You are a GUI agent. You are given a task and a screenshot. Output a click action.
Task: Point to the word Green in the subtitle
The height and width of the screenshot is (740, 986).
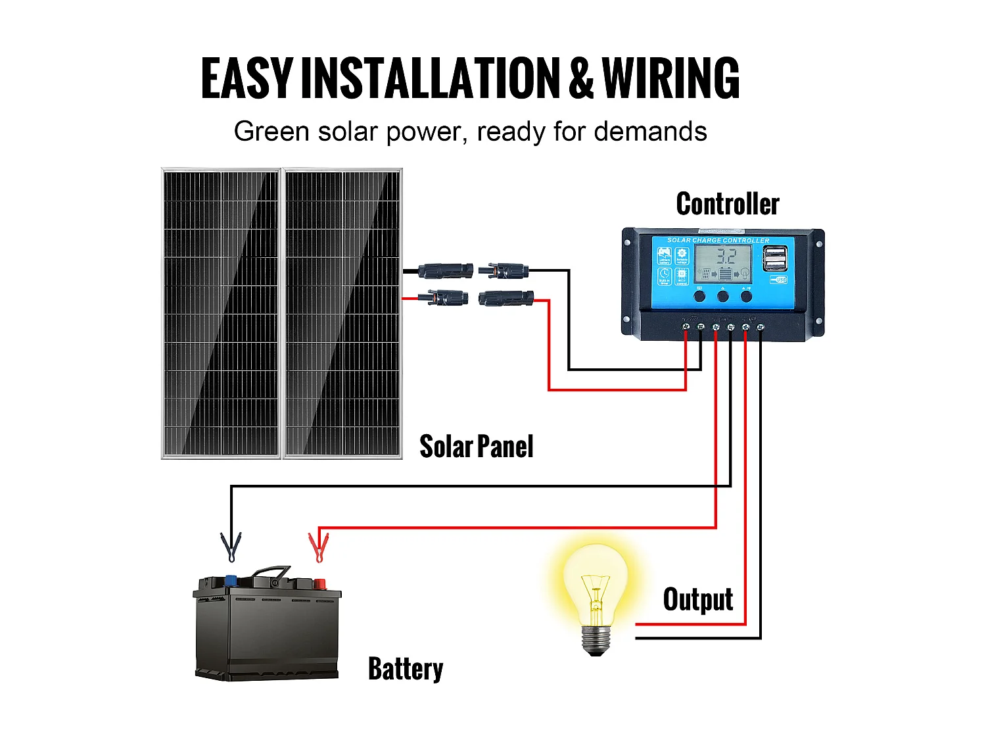point(271,132)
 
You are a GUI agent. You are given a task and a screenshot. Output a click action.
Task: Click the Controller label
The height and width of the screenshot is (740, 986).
point(728,204)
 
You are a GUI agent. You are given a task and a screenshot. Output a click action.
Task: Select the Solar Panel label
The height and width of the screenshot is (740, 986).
point(476,447)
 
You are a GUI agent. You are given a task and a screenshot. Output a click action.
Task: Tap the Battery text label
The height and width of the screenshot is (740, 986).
point(405,669)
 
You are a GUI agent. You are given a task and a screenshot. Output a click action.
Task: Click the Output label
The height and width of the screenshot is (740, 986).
point(697,599)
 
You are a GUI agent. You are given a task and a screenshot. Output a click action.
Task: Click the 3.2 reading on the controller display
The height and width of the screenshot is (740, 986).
point(726,257)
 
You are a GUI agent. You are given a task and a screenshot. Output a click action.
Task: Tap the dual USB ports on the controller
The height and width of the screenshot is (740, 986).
point(775,259)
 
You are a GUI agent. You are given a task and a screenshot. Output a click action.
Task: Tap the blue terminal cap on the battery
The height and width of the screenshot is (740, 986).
point(231,580)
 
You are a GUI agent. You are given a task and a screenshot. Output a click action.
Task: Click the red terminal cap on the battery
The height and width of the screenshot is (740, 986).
point(319,583)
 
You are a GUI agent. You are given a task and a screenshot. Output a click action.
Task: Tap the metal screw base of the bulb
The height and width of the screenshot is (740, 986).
point(596,639)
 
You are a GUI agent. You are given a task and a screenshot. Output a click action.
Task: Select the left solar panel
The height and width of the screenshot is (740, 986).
point(221,313)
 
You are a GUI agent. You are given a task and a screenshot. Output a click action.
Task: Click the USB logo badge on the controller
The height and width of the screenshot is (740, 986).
point(778,280)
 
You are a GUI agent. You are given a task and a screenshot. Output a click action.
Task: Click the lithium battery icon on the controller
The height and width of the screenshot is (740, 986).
point(665,257)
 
